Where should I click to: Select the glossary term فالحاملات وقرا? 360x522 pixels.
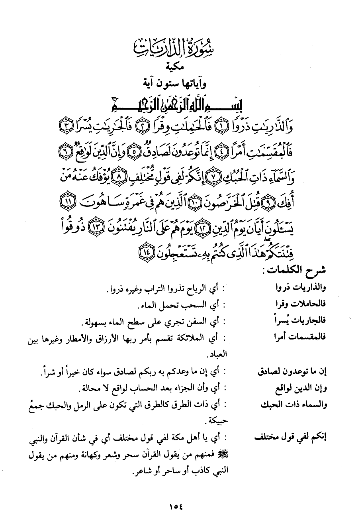click(304, 304)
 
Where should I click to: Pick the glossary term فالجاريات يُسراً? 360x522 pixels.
click(304, 321)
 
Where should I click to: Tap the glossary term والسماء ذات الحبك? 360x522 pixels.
click(295, 405)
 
